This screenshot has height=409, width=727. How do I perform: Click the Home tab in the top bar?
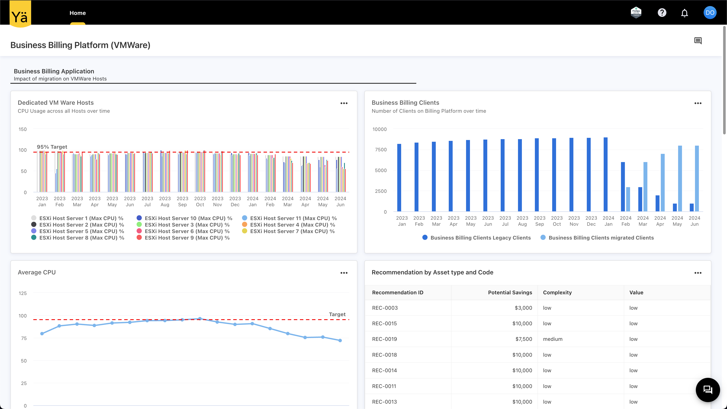[78, 13]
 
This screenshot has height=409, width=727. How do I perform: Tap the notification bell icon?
[684, 13]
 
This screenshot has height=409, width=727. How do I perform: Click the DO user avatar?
[710, 13]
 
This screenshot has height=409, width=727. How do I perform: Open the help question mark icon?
[662, 13]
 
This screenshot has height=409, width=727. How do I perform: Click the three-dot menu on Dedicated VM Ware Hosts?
[344, 103]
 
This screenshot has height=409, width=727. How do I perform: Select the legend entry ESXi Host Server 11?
[293, 218]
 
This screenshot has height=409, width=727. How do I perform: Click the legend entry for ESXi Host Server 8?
[81, 238]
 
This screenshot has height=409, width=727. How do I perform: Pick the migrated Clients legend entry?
[601, 238]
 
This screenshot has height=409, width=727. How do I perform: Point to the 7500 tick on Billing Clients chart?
[381, 150]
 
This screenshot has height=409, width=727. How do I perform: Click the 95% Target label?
[52, 147]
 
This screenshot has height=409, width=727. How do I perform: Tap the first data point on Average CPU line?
[42, 334]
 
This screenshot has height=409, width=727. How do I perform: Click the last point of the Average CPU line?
[340, 340]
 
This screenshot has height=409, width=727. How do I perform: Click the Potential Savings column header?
[510, 292]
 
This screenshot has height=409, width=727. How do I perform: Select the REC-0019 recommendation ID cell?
[384, 339]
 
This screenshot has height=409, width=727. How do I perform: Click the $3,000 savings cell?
[523, 308]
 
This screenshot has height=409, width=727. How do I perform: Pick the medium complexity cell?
[553, 339]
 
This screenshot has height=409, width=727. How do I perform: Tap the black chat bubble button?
[708, 390]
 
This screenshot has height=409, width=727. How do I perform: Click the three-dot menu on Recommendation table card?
[698, 273]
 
